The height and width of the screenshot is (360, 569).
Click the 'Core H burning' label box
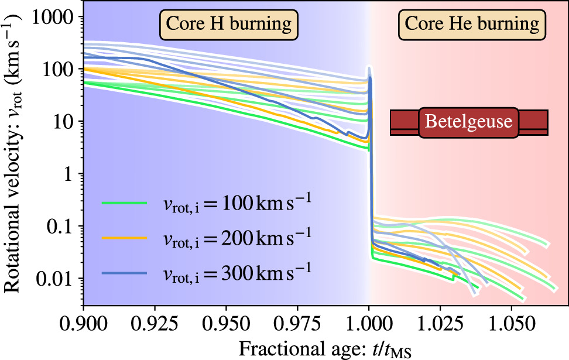[x=229, y=24]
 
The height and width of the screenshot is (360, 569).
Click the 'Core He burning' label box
[x=472, y=24]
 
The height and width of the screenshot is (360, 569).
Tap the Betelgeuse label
[x=468, y=122]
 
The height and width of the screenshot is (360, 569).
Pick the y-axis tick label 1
[x=71, y=174]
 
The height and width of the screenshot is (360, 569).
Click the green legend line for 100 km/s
[x=124, y=203]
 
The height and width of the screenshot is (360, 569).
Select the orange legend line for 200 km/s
[x=124, y=237]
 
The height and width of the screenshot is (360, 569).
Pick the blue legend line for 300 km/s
[x=124, y=272]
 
